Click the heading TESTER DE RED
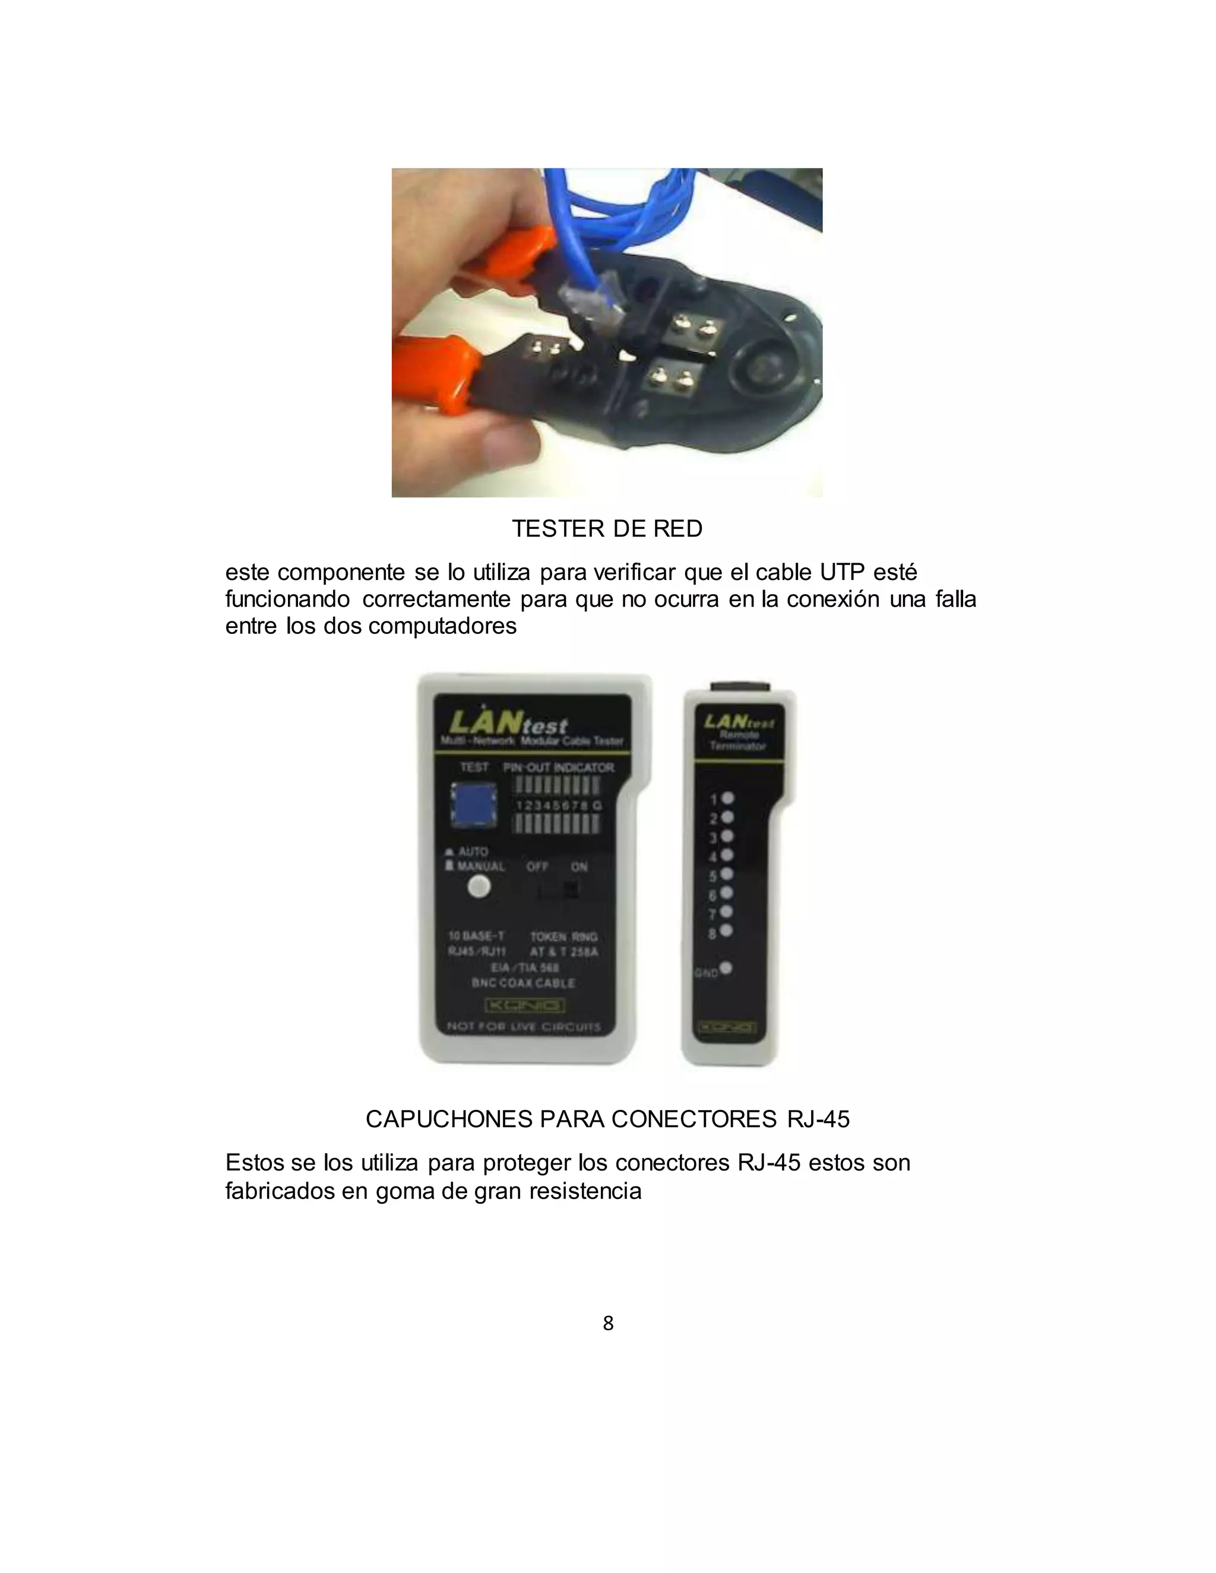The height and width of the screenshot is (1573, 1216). (607, 529)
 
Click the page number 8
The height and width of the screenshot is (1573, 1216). (608, 1323)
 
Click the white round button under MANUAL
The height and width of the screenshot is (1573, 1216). (479, 887)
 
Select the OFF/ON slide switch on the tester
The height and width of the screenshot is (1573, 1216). (559, 891)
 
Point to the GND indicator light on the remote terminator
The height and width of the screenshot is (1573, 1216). (726, 968)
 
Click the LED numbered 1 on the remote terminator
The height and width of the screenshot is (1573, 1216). (727, 798)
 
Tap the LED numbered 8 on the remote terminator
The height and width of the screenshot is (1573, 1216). (726, 931)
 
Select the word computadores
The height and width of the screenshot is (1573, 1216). (442, 626)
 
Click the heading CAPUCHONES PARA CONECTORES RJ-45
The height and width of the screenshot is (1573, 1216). (607, 1120)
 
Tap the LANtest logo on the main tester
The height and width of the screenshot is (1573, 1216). (509, 722)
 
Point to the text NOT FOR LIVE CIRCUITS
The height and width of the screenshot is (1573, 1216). (524, 1026)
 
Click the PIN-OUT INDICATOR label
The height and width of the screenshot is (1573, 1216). (559, 768)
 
